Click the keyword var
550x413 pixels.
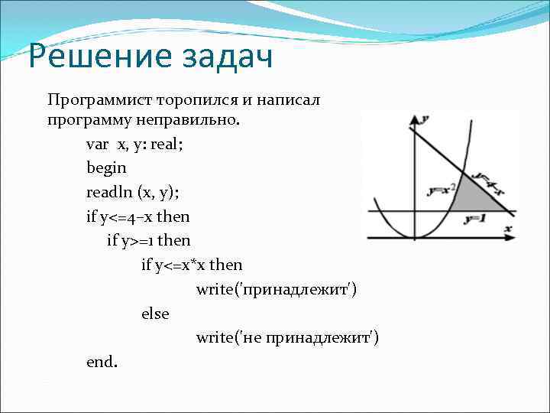pos(98,145)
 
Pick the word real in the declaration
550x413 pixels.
pos(168,145)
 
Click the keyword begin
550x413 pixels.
pos(106,168)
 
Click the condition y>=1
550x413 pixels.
pos(137,241)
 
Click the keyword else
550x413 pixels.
pos(155,314)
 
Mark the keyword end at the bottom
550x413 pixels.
pos(100,362)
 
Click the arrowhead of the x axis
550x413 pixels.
pos(511,239)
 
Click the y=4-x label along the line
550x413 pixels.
pos(486,182)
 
